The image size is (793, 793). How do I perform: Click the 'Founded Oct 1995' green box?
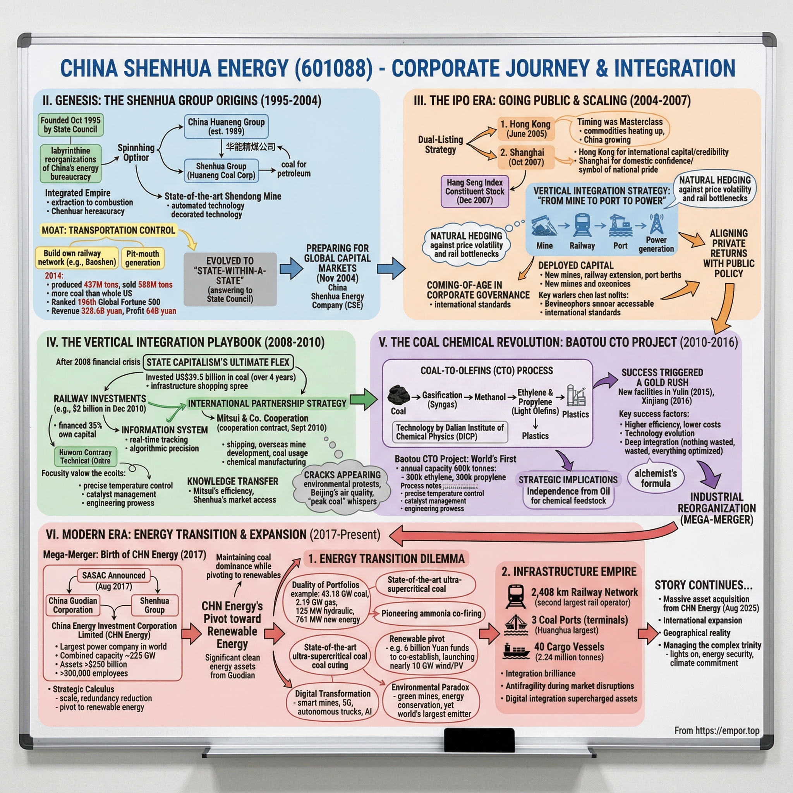70,125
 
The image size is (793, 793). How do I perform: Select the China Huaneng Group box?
226,126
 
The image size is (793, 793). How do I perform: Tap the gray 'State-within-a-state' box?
230,280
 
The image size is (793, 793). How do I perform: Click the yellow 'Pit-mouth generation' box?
142,258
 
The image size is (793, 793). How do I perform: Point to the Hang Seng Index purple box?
474,191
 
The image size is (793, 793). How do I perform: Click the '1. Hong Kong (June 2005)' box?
526,129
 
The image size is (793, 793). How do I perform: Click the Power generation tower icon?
656,224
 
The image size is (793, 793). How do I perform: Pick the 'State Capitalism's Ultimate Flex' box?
218,362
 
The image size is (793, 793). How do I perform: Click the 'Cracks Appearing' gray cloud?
342,487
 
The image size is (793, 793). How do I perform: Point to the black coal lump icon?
398,395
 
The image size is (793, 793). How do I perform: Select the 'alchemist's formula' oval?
656,479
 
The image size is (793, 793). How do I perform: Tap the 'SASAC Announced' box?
114,575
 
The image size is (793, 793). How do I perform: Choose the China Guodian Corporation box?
73,605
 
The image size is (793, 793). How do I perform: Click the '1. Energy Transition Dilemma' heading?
386,559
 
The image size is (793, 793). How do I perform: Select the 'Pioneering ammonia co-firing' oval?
431,613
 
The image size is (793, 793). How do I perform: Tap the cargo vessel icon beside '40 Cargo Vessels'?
515,651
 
